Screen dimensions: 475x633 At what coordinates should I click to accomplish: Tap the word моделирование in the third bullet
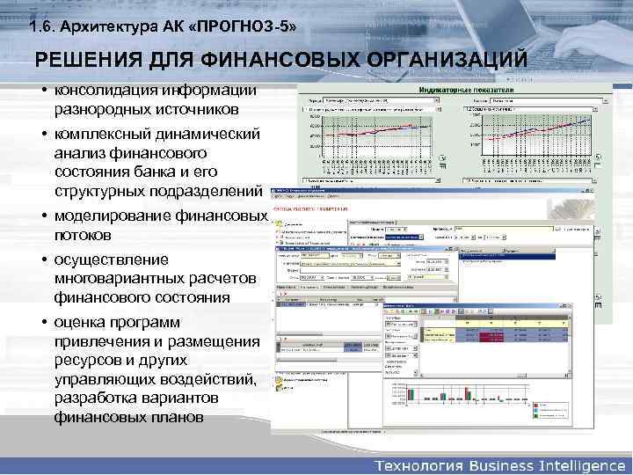111,216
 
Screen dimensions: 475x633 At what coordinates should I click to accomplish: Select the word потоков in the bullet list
82,236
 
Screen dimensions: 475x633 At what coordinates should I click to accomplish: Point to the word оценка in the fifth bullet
81,322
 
